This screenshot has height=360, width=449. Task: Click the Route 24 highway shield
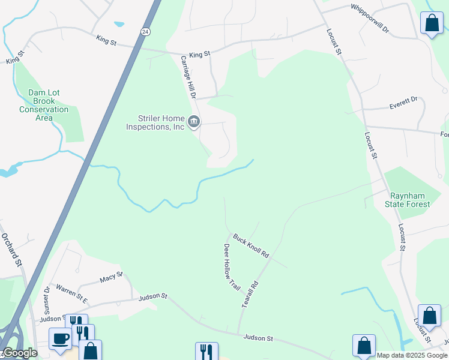coord(146,31)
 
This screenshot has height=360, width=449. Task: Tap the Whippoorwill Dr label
coord(370,10)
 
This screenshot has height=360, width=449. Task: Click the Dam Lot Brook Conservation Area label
coord(44,105)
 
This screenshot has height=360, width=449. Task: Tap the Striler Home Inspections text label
coord(155,122)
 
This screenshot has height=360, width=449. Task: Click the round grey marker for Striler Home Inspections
coord(194,122)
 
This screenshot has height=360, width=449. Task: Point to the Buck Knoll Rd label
coord(251,246)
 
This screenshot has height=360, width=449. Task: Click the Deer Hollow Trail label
coord(232,267)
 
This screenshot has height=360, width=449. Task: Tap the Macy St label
coord(111,277)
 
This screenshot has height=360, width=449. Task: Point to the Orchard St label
coord(11,248)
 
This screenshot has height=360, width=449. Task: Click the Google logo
coord(19,353)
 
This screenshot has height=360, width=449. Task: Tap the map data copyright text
coord(412,355)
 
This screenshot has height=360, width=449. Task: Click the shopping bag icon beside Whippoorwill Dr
coord(432,23)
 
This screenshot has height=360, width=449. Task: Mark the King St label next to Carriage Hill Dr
coord(200,55)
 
